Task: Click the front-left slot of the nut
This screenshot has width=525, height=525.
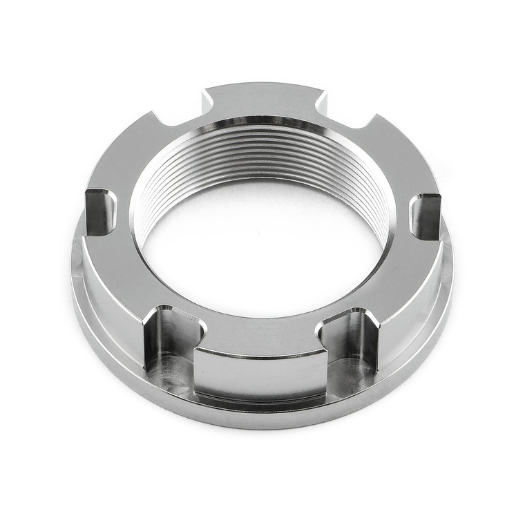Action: tap(169, 338)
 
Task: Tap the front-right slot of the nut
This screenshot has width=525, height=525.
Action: tap(352, 338)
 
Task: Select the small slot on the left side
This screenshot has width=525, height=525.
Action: tap(100, 211)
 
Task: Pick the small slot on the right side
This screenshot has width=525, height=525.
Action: tap(426, 216)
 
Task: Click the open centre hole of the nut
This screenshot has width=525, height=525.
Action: tap(262, 249)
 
